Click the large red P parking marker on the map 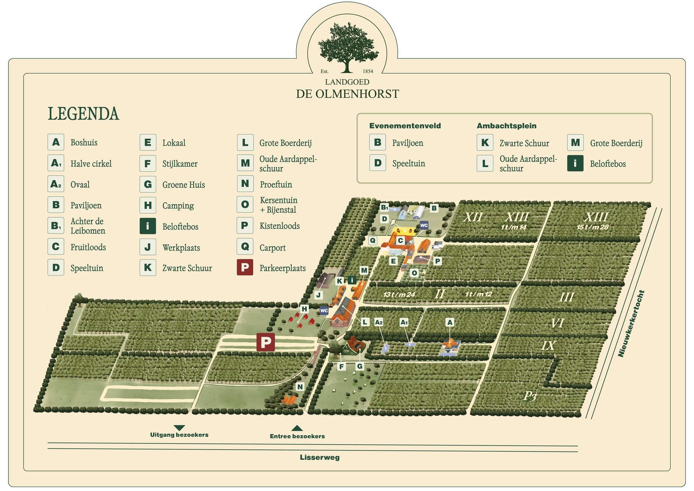pyautogui.click(x=266, y=342)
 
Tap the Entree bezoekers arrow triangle pyautogui.click(x=297, y=428)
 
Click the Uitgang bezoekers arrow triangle pyautogui.click(x=179, y=428)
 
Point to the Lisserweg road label pyautogui.click(x=320, y=457)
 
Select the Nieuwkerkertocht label pyautogui.click(x=631, y=323)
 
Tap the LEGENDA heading pyautogui.click(x=83, y=114)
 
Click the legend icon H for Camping pyautogui.click(x=148, y=205)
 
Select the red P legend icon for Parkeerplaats pyautogui.click(x=245, y=267)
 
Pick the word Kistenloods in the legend pyautogui.click(x=280, y=226)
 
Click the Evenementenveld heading pyautogui.click(x=405, y=126)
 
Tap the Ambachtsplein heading pyautogui.click(x=506, y=126)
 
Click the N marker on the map pyautogui.click(x=300, y=387)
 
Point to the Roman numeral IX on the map pyautogui.click(x=548, y=346)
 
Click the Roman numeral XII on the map pyautogui.click(x=473, y=217)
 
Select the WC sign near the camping pyautogui.click(x=324, y=311)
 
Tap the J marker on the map pyautogui.click(x=318, y=295)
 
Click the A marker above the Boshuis pyautogui.click(x=450, y=322)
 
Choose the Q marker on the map pyautogui.click(x=372, y=240)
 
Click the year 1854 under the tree pyautogui.click(x=368, y=71)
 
